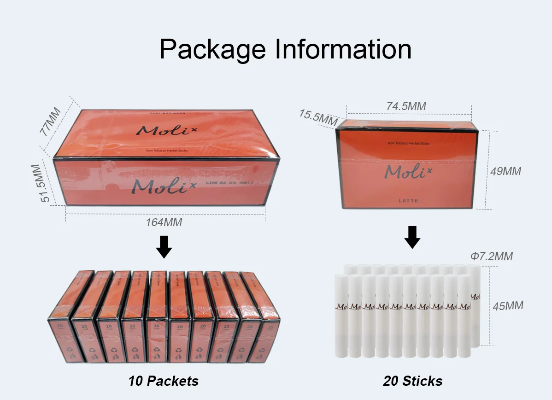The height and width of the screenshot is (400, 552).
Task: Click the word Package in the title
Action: (212, 49)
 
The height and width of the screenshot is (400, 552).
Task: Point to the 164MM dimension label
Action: (164, 222)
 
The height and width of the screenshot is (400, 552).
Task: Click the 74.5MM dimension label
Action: (406, 106)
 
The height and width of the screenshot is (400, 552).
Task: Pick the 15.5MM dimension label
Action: (318, 117)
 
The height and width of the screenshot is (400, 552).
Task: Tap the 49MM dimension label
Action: (505, 171)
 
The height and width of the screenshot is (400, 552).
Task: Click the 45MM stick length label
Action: (508, 305)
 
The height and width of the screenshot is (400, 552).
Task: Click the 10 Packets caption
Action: (164, 381)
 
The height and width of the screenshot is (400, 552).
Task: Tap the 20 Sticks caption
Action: (412, 381)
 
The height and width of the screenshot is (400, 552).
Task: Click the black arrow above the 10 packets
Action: (164, 247)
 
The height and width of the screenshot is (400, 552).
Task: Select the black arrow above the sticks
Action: (412, 237)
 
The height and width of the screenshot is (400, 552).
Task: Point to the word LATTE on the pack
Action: (409, 200)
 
